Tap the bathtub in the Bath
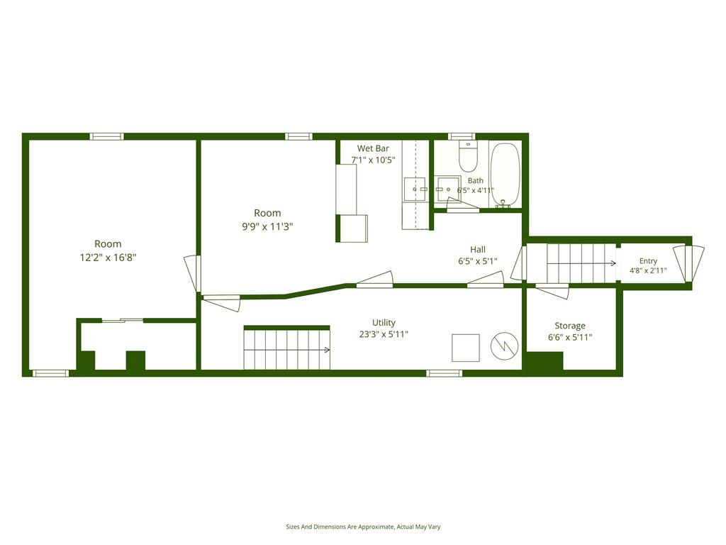(x=505, y=175)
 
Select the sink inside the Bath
(x=447, y=189)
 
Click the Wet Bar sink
(x=415, y=189)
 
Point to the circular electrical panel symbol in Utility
(x=505, y=346)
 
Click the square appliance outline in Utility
(x=466, y=348)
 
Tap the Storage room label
(x=570, y=325)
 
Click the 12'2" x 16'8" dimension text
(x=108, y=258)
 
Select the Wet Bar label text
(x=373, y=148)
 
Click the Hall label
(x=478, y=249)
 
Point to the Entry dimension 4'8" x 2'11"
(x=648, y=270)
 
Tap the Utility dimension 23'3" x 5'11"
(x=384, y=334)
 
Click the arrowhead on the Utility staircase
(x=328, y=350)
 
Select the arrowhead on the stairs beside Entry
(x=614, y=263)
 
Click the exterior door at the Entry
(x=688, y=263)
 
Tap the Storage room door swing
(x=552, y=292)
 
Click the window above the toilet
(x=462, y=136)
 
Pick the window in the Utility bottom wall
(x=444, y=373)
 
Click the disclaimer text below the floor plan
(x=363, y=527)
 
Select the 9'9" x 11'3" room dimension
(x=267, y=226)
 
